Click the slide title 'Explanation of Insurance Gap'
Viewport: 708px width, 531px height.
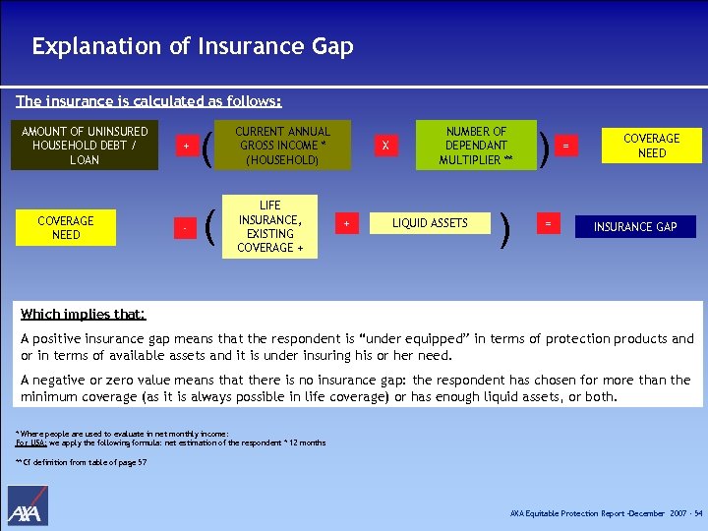click(x=192, y=46)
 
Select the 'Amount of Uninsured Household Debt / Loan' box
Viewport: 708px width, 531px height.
click(x=85, y=146)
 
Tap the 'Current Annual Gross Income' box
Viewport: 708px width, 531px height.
click(x=282, y=146)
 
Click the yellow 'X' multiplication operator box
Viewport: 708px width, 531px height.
click(x=385, y=146)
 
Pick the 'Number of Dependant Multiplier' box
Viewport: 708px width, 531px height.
click(x=477, y=146)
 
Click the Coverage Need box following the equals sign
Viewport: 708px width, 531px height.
click(x=651, y=146)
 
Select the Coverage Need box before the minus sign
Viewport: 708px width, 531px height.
click(x=66, y=228)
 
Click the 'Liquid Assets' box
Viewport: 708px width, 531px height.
click(x=430, y=223)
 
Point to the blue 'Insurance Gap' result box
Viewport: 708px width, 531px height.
click(x=635, y=227)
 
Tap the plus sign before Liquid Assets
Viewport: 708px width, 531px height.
click(x=346, y=224)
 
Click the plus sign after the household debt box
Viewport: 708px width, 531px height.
click(x=186, y=147)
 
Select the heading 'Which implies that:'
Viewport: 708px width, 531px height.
click(x=84, y=315)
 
